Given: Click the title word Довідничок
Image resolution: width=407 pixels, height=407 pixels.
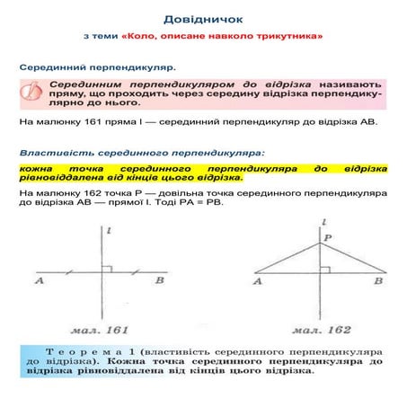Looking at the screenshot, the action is coord(202,18).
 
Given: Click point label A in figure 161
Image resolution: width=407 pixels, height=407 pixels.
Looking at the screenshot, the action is coord(40,282).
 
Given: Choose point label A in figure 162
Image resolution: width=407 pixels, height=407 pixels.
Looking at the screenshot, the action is coord(258,282).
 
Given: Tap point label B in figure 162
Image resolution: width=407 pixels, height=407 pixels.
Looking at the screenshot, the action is coord(382,282).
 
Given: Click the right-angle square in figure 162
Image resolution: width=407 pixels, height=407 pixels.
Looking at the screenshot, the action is coord(325,268).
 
